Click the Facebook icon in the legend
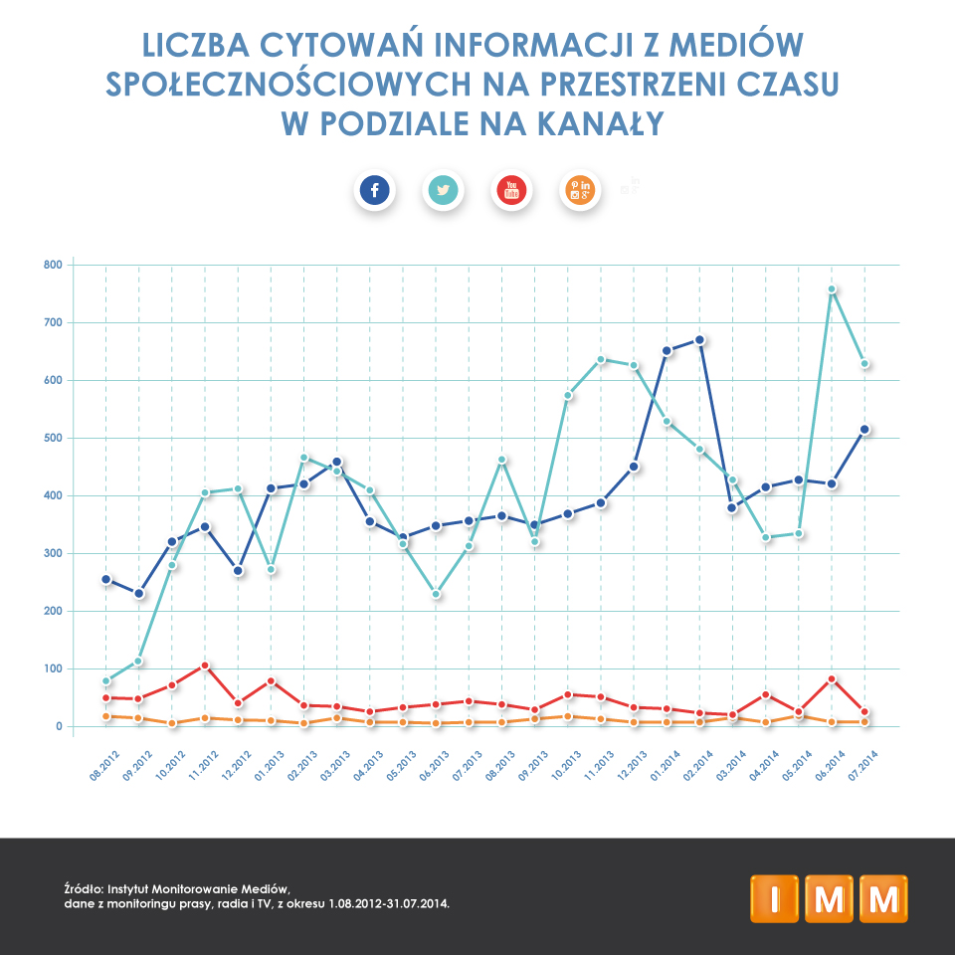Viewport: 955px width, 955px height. (x=374, y=189)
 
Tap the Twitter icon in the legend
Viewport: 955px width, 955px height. (x=443, y=189)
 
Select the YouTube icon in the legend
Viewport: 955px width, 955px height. (x=512, y=189)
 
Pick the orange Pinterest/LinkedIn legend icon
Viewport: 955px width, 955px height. (x=580, y=189)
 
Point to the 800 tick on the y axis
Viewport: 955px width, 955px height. (x=52, y=265)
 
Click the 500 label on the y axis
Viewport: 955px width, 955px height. (x=52, y=438)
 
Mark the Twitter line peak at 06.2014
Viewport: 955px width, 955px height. (x=832, y=289)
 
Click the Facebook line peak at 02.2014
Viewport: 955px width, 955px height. (x=700, y=340)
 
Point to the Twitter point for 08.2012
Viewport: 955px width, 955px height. (x=106, y=681)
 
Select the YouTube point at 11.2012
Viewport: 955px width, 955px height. (x=205, y=665)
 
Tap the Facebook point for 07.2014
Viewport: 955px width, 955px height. (x=864, y=430)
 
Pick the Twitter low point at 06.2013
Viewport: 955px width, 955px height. (x=436, y=594)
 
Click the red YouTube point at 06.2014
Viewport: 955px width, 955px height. (x=832, y=679)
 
